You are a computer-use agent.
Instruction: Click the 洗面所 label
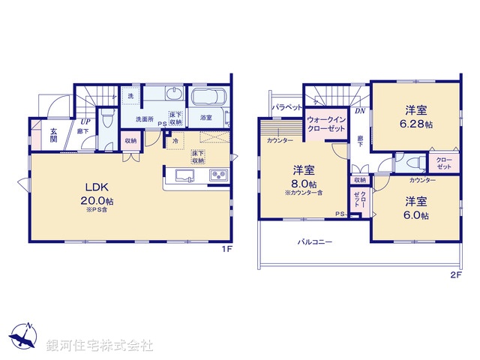pos(144,118)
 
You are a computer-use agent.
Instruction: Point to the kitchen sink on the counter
pos(185,175)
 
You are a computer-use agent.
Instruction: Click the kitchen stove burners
pos(219,175)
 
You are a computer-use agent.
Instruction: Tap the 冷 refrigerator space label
pos(175,140)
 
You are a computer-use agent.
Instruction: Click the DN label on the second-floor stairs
pos(359,112)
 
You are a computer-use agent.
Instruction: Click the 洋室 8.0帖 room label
pos(303,177)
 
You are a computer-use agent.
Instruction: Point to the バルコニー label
pos(315,242)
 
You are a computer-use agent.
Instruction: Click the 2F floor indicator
pos(454,275)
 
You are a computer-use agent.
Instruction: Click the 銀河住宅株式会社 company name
pos(100,346)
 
